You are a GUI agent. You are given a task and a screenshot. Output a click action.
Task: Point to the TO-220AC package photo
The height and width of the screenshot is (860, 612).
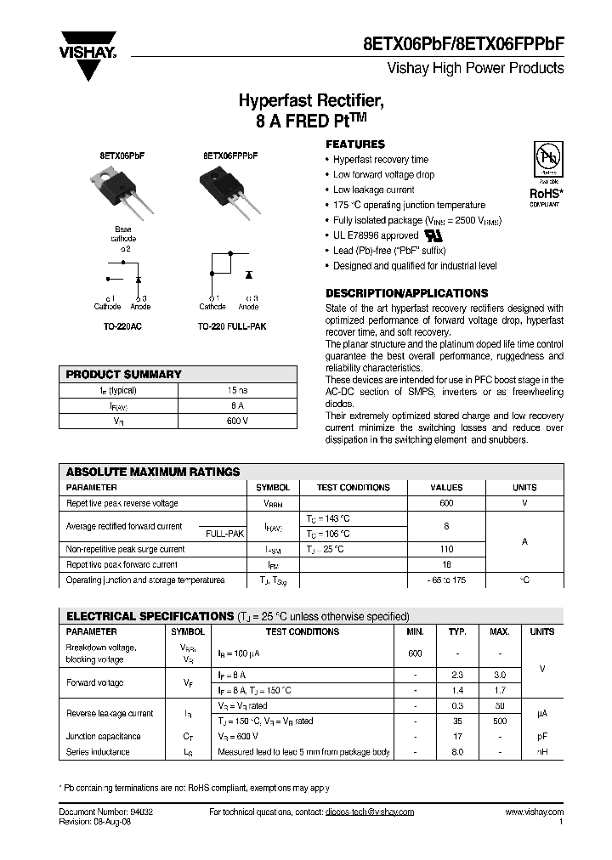pos(124,188)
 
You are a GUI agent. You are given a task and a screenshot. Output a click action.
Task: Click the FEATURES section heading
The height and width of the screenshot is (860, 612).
pos(355,144)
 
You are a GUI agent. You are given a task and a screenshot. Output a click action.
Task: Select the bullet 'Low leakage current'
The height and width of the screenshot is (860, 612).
pos(373,190)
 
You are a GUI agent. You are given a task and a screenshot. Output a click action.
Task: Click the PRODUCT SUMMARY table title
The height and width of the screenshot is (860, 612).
pos(124,374)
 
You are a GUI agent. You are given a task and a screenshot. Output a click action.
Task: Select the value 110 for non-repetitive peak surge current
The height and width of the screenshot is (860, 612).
pos(446,549)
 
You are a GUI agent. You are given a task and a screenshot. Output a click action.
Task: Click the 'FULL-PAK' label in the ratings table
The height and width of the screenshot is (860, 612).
pos(224,534)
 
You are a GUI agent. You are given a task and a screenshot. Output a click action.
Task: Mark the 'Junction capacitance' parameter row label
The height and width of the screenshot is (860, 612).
pos(103,736)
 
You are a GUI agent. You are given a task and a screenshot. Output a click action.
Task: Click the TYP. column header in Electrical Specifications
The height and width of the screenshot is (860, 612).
pos(457,631)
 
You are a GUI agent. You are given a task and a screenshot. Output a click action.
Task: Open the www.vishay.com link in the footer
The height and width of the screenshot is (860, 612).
pos(534,812)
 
